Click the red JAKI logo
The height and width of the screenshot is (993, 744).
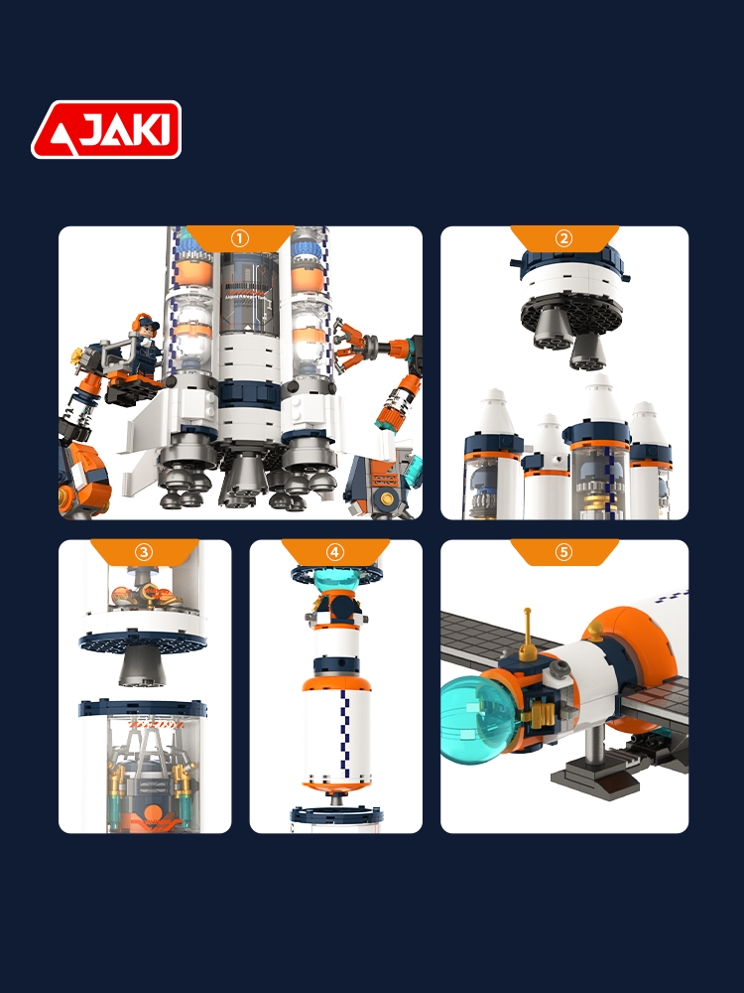[x=106, y=129]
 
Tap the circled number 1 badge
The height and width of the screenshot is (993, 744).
[x=240, y=238]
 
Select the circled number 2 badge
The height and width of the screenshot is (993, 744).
[x=563, y=238]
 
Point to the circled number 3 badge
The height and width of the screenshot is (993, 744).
[x=144, y=551]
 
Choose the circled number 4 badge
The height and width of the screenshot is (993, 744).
[x=334, y=551]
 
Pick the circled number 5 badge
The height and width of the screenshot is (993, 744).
[x=563, y=551]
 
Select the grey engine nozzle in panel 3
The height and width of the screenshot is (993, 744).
[x=142, y=668]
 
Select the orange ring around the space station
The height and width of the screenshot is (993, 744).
[x=639, y=658]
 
